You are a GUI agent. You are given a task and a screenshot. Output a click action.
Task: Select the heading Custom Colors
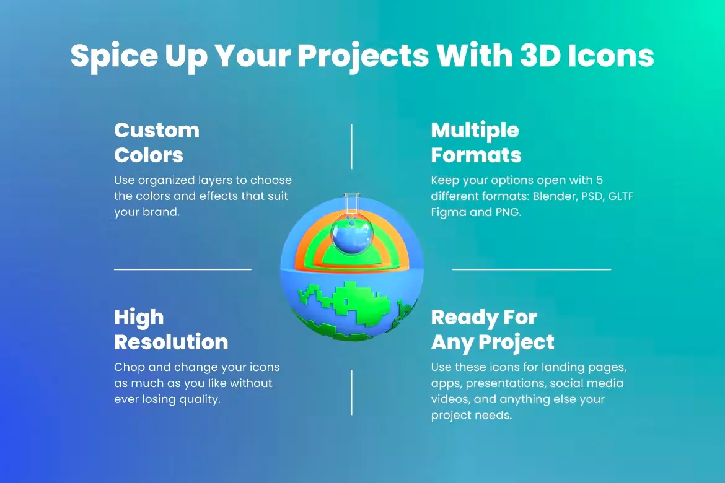click(157, 142)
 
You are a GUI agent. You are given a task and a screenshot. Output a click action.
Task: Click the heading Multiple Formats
click(477, 143)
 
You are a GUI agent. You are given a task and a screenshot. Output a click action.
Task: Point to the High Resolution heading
click(171, 329)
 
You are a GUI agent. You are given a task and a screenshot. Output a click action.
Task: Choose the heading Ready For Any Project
click(493, 330)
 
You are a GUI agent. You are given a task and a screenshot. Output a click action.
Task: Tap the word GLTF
click(620, 196)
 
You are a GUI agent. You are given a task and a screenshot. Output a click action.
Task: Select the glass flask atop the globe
click(352, 225)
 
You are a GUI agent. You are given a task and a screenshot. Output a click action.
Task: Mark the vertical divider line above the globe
click(351, 147)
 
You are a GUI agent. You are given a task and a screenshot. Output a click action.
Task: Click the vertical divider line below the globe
click(351, 393)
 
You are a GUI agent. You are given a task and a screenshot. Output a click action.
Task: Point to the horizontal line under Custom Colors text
click(183, 269)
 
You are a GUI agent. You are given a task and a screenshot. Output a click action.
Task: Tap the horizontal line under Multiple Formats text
click(532, 269)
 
